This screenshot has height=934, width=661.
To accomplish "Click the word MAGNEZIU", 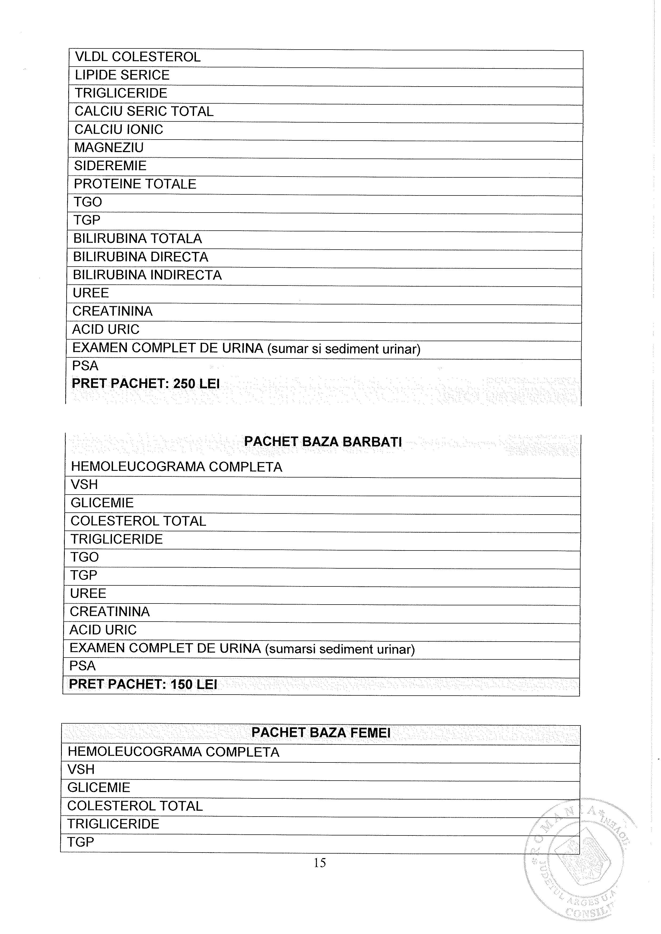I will (x=109, y=148).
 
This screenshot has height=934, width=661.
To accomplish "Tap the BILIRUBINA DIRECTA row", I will (x=140, y=257).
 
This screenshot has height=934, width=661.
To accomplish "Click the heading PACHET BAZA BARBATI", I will (x=323, y=442).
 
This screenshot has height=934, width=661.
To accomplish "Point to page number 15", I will (x=320, y=862).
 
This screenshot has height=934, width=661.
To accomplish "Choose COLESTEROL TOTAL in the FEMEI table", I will (x=135, y=806).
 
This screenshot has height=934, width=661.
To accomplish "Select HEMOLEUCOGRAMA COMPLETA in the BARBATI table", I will (x=176, y=467).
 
